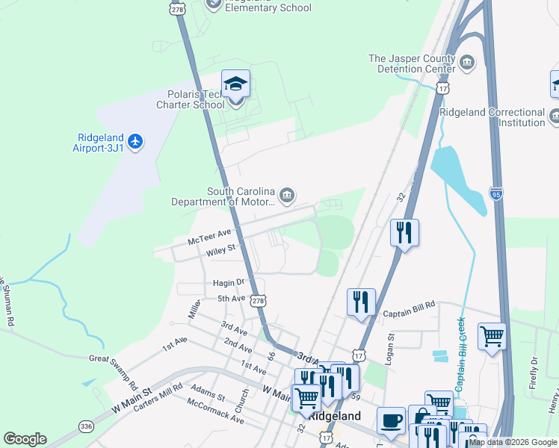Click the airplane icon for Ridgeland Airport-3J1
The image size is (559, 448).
point(135,142)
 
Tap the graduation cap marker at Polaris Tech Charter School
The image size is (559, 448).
point(235,84)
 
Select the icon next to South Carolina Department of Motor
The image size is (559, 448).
point(288,196)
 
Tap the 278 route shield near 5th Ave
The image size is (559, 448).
point(258,300)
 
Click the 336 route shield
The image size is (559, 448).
point(87,426)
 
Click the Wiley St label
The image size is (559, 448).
point(221,248)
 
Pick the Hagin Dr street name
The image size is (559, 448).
point(229,282)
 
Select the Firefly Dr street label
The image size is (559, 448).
point(534,371)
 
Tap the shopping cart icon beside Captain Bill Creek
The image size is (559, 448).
point(492,336)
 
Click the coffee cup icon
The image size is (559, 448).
point(391,420)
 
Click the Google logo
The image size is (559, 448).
point(25,439)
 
